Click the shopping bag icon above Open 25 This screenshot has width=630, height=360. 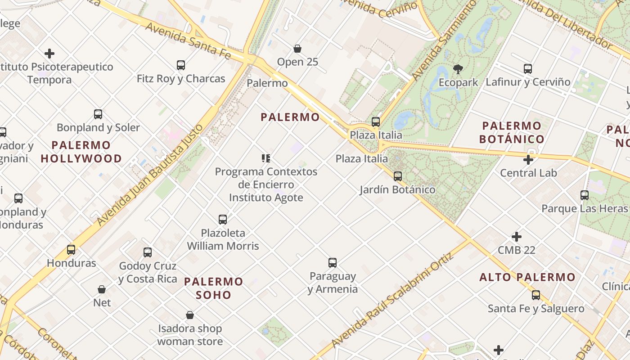[x=297, y=49]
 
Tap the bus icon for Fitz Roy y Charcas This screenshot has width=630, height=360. [x=181, y=65]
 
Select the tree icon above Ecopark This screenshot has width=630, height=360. [x=458, y=69]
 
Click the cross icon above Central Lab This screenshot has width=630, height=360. [x=528, y=160]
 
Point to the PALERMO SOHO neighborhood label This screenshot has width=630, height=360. [x=214, y=288]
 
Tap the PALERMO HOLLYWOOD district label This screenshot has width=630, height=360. [x=81, y=152]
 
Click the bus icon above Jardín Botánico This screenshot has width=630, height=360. [x=397, y=176]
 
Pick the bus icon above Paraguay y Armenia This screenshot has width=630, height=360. [x=333, y=263]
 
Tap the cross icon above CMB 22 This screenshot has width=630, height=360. [x=517, y=237]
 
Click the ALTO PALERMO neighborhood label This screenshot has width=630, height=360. [x=527, y=277]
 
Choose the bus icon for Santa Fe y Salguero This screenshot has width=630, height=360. [x=535, y=295]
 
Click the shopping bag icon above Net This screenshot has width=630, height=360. [x=102, y=289]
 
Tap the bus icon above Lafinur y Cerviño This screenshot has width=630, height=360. [x=528, y=69]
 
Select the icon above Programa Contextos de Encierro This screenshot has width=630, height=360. [x=265, y=158]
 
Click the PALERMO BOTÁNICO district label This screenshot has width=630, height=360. [x=512, y=132]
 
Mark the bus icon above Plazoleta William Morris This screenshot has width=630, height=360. [x=223, y=220]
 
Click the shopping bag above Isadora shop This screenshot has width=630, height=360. [x=190, y=315]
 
